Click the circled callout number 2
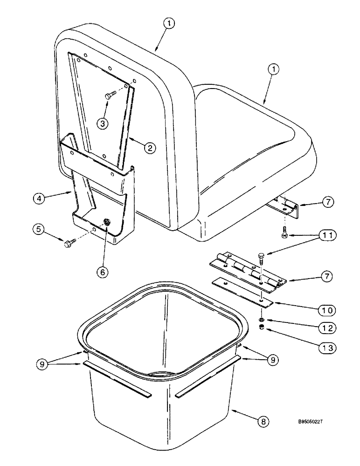pyautogui.click(x=150, y=148)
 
